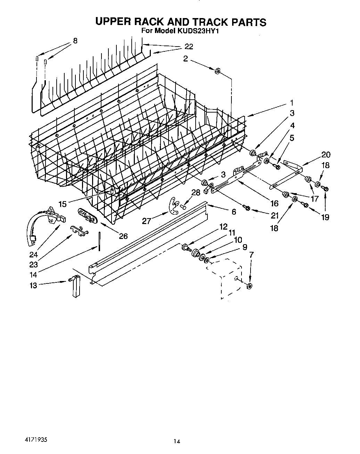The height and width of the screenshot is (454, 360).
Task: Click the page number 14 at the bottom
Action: coord(177,441)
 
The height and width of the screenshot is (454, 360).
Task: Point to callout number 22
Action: coord(189,47)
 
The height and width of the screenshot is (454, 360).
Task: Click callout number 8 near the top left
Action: coord(75,41)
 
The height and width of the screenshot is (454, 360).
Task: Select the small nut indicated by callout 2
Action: coord(218,71)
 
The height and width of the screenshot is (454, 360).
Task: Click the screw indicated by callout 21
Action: coord(247,208)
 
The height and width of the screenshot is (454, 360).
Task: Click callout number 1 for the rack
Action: coord(292,103)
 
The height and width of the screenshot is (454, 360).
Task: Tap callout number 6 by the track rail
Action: coord(234,211)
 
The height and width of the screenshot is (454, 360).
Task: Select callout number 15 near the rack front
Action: coord(63,204)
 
